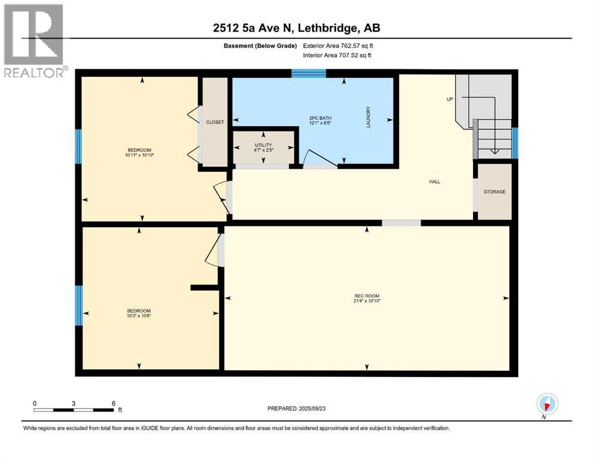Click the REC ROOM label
coord(367,296)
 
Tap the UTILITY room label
coord(263,145)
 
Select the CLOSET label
coord(215,122)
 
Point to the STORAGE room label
coord(494,192)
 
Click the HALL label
coord(435,182)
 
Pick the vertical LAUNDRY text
coord(368,117)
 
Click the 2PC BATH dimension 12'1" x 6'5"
coord(320,123)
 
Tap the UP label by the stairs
coord(450,99)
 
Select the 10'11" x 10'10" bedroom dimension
coord(139,155)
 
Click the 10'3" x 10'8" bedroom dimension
coord(139,315)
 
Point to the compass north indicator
coord(547,404)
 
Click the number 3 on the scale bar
coord(73,403)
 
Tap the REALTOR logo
coord(35,41)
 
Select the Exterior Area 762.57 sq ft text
coord(338,46)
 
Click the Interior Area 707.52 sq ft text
coord(337,55)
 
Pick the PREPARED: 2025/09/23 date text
coord(296,409)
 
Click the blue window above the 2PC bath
coord(309,73)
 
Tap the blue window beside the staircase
coord(514,143)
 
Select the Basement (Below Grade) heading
coord(260,46)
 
